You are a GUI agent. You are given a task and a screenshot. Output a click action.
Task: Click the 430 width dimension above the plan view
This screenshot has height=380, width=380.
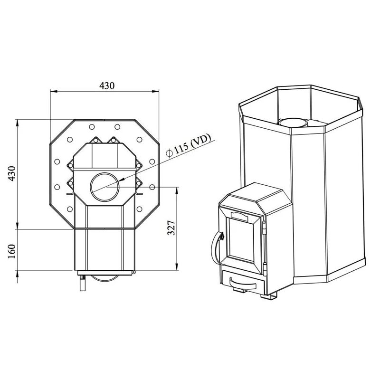(107, 85)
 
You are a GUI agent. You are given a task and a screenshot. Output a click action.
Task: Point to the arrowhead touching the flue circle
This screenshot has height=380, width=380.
(123, 180)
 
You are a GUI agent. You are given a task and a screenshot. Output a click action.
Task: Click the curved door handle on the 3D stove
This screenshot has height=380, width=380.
(212, 247)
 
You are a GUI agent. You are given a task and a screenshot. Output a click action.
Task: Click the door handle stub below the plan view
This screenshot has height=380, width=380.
(82, 283)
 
